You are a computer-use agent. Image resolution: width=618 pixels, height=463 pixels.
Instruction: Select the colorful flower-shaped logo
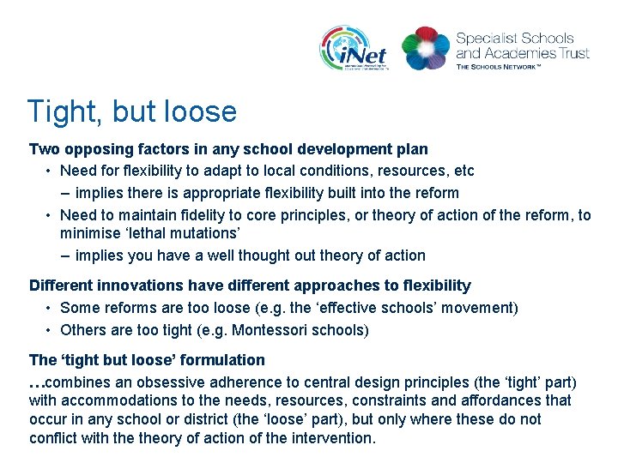coord(425,48)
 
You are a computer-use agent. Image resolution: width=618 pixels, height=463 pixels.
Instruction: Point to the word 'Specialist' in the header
coord(485,39)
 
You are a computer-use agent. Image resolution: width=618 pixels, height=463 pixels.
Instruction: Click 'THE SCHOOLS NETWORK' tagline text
coord(510,66)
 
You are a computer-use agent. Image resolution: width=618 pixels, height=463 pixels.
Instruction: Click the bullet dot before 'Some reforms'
coord(50,308)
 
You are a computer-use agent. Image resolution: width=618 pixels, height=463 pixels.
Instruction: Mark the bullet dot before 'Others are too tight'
coord(50,330)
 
